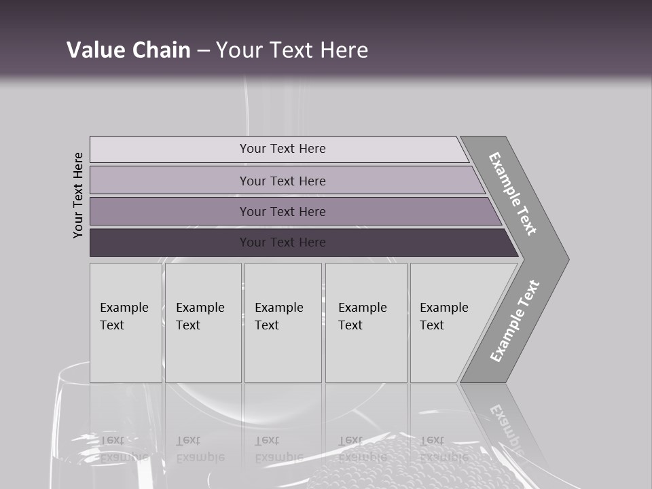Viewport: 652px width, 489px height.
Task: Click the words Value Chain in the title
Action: (128, 50)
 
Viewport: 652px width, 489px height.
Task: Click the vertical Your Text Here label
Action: (78, 195)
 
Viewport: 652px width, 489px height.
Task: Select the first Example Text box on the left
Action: (126, 323)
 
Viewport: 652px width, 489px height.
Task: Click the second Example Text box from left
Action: (203, 323)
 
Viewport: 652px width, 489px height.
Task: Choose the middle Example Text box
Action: (283, 323)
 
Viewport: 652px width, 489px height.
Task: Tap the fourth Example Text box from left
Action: (366, 323)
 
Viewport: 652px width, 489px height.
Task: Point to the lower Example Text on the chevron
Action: (515, 321)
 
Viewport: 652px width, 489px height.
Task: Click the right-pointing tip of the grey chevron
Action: (565, 259)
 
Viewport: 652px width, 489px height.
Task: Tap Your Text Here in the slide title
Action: (292, 50)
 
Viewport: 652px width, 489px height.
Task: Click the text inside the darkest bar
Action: (283, 242)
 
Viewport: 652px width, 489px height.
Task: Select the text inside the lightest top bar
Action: (283, 149)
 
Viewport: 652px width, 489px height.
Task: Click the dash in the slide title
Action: (203, 51)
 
